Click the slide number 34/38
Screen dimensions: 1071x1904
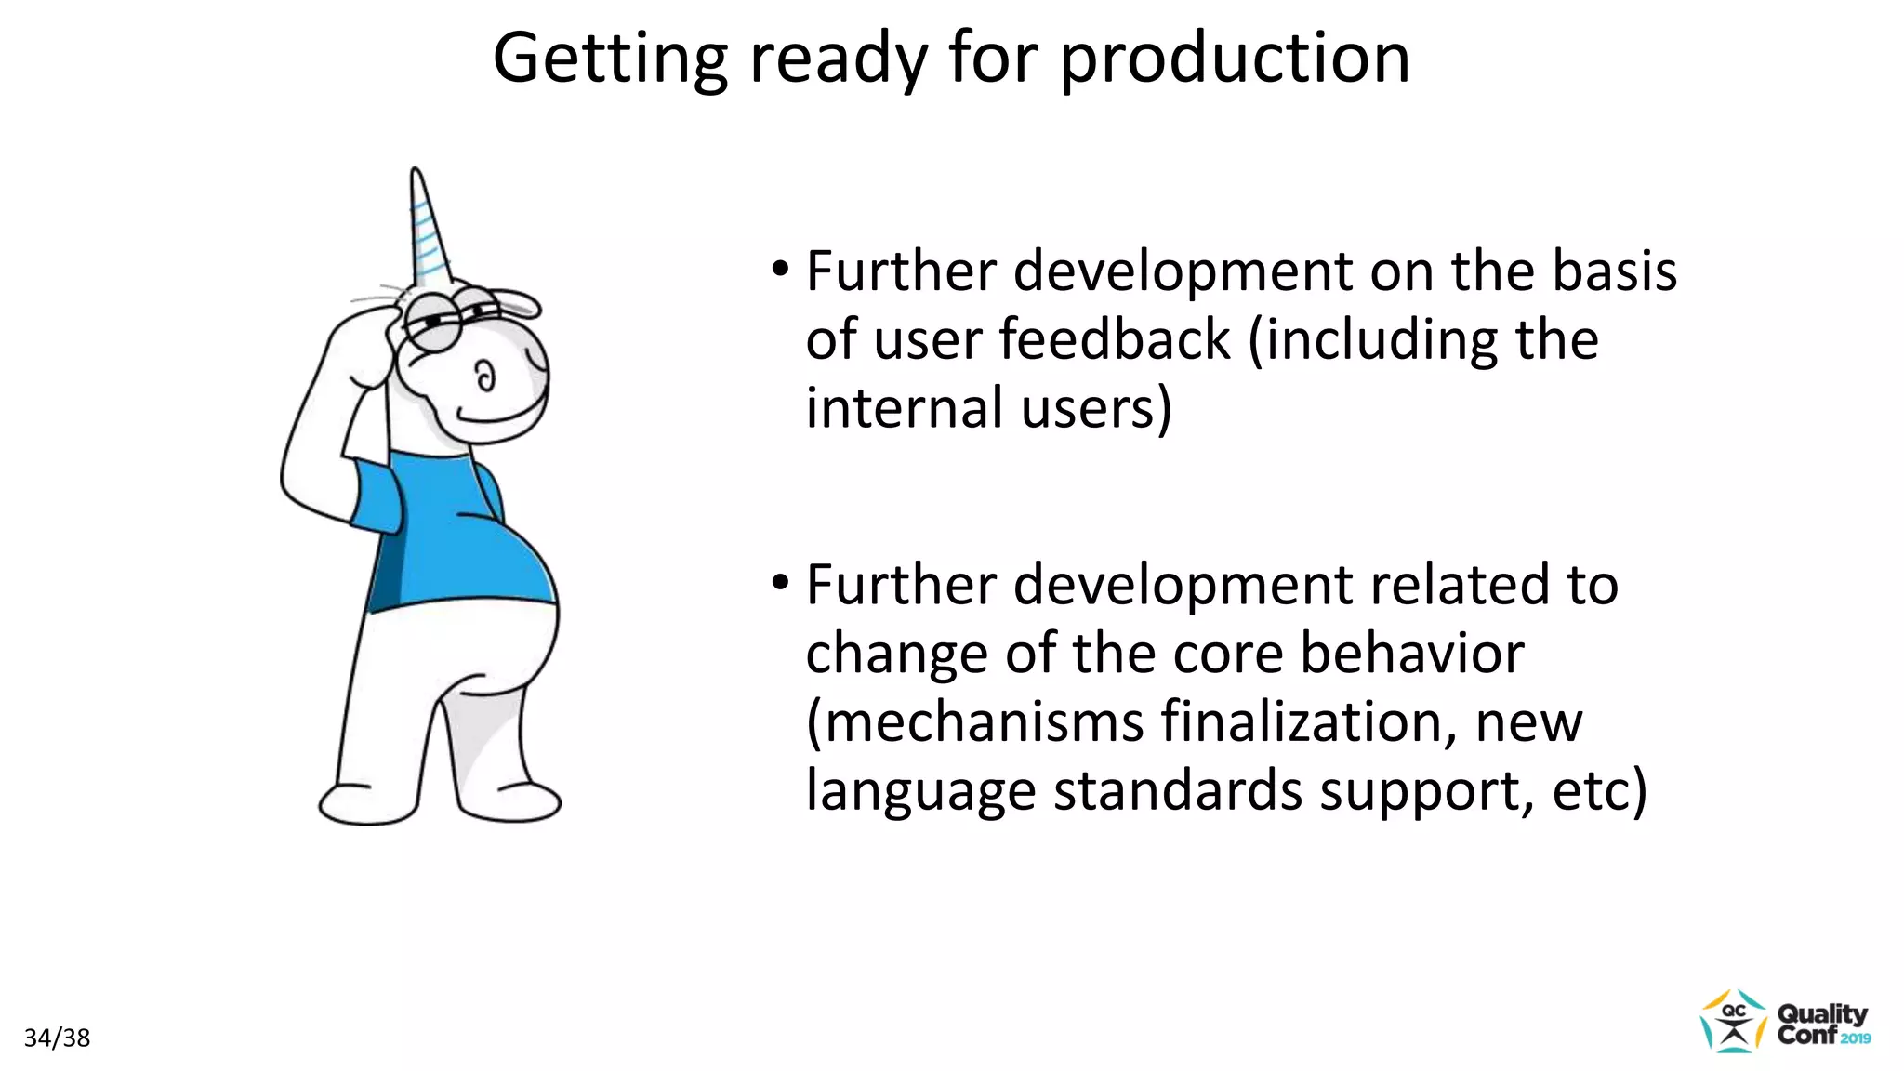click(57, 1038)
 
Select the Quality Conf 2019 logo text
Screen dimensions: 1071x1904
click(1822, 1024)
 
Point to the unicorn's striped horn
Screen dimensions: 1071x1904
click(428, 228)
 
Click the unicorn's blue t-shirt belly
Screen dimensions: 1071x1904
click(474, 549)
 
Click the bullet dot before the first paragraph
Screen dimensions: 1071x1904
click(780, 271)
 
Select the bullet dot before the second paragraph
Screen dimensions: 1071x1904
click(780, 584)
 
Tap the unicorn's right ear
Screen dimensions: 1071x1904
click(518, 302)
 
